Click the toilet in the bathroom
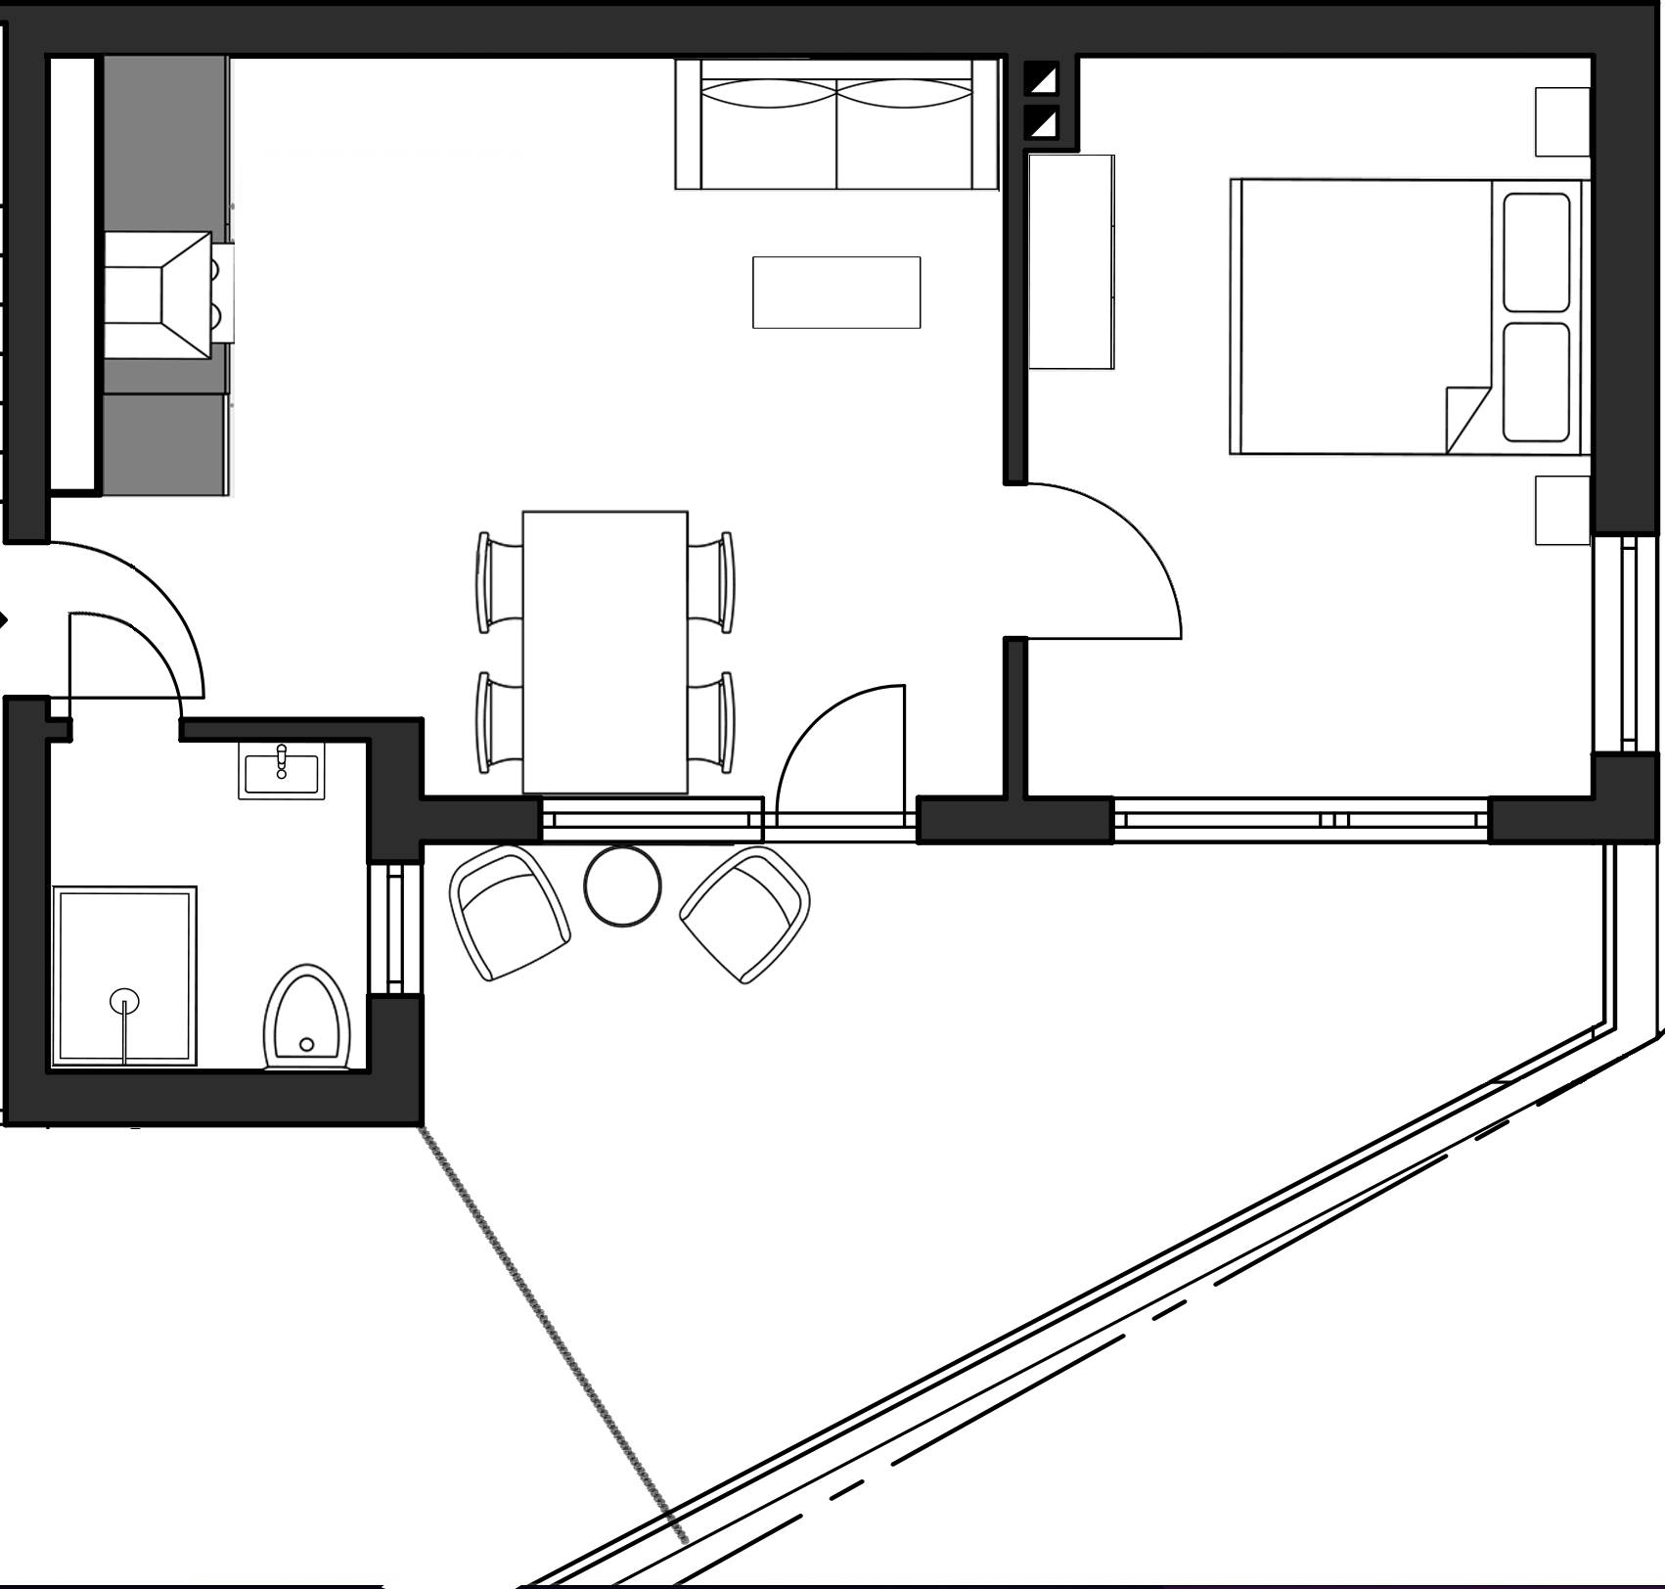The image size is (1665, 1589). pos(306,1017)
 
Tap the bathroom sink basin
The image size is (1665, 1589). pos(282,772)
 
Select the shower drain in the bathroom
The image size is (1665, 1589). pos(124,1000)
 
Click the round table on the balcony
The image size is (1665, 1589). pos(622,885)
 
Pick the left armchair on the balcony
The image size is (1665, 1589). pos(509,912)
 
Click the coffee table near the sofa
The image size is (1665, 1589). pos(836,292)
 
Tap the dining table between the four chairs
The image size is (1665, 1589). pos(605,651)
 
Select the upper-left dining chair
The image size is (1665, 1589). pos(499,582)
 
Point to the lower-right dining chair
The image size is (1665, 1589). pos(711,722)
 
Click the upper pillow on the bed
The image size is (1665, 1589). pos(1536,252)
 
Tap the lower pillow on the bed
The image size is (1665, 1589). pos(1536,382)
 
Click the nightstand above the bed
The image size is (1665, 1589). pos(1562,121)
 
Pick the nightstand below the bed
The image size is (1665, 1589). pos(1562,510)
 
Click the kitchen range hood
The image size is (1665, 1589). pos(158,295)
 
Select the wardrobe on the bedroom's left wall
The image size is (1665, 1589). pos(1071,261)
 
